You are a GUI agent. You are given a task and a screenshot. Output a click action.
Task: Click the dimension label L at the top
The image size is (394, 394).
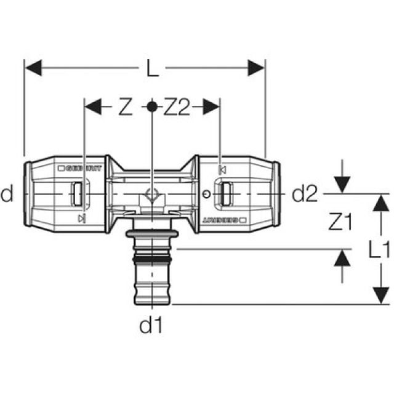pyautogui.click(x=153, y=68)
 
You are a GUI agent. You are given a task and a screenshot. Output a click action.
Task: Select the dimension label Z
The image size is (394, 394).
pyautogui.click(x=126, y=107)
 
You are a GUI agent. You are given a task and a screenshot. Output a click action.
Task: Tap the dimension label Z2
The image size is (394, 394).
pyautogui.click(x=177, y=107)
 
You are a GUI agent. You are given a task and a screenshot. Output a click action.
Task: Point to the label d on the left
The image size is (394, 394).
pyautogui.click(x=7, y=194)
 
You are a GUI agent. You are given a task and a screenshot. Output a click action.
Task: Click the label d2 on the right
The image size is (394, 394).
pyautogui.click(x=305, y=194)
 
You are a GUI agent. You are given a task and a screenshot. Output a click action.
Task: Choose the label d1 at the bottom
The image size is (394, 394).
pyautogui.click(x=151, y=325)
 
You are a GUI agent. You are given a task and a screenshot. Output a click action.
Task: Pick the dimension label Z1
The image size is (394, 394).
pyautogui.click(x=340, y=222)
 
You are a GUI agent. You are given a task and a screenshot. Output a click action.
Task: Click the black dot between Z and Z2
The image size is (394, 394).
pyautogui.click(x=152, y=107)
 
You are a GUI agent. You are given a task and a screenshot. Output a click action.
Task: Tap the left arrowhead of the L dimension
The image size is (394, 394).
pyautogui.click(x=33, y=68)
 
